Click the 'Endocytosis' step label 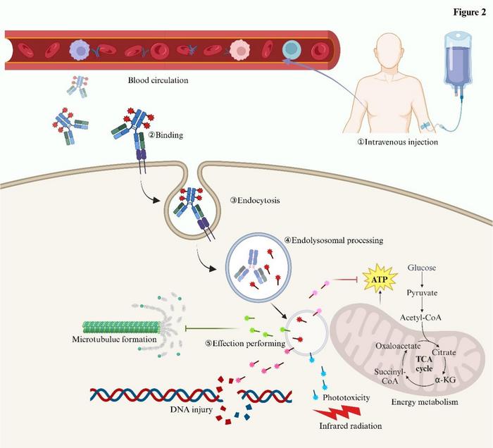point(255,200)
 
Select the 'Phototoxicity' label point(346,397)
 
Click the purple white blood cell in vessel point(80,49)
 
